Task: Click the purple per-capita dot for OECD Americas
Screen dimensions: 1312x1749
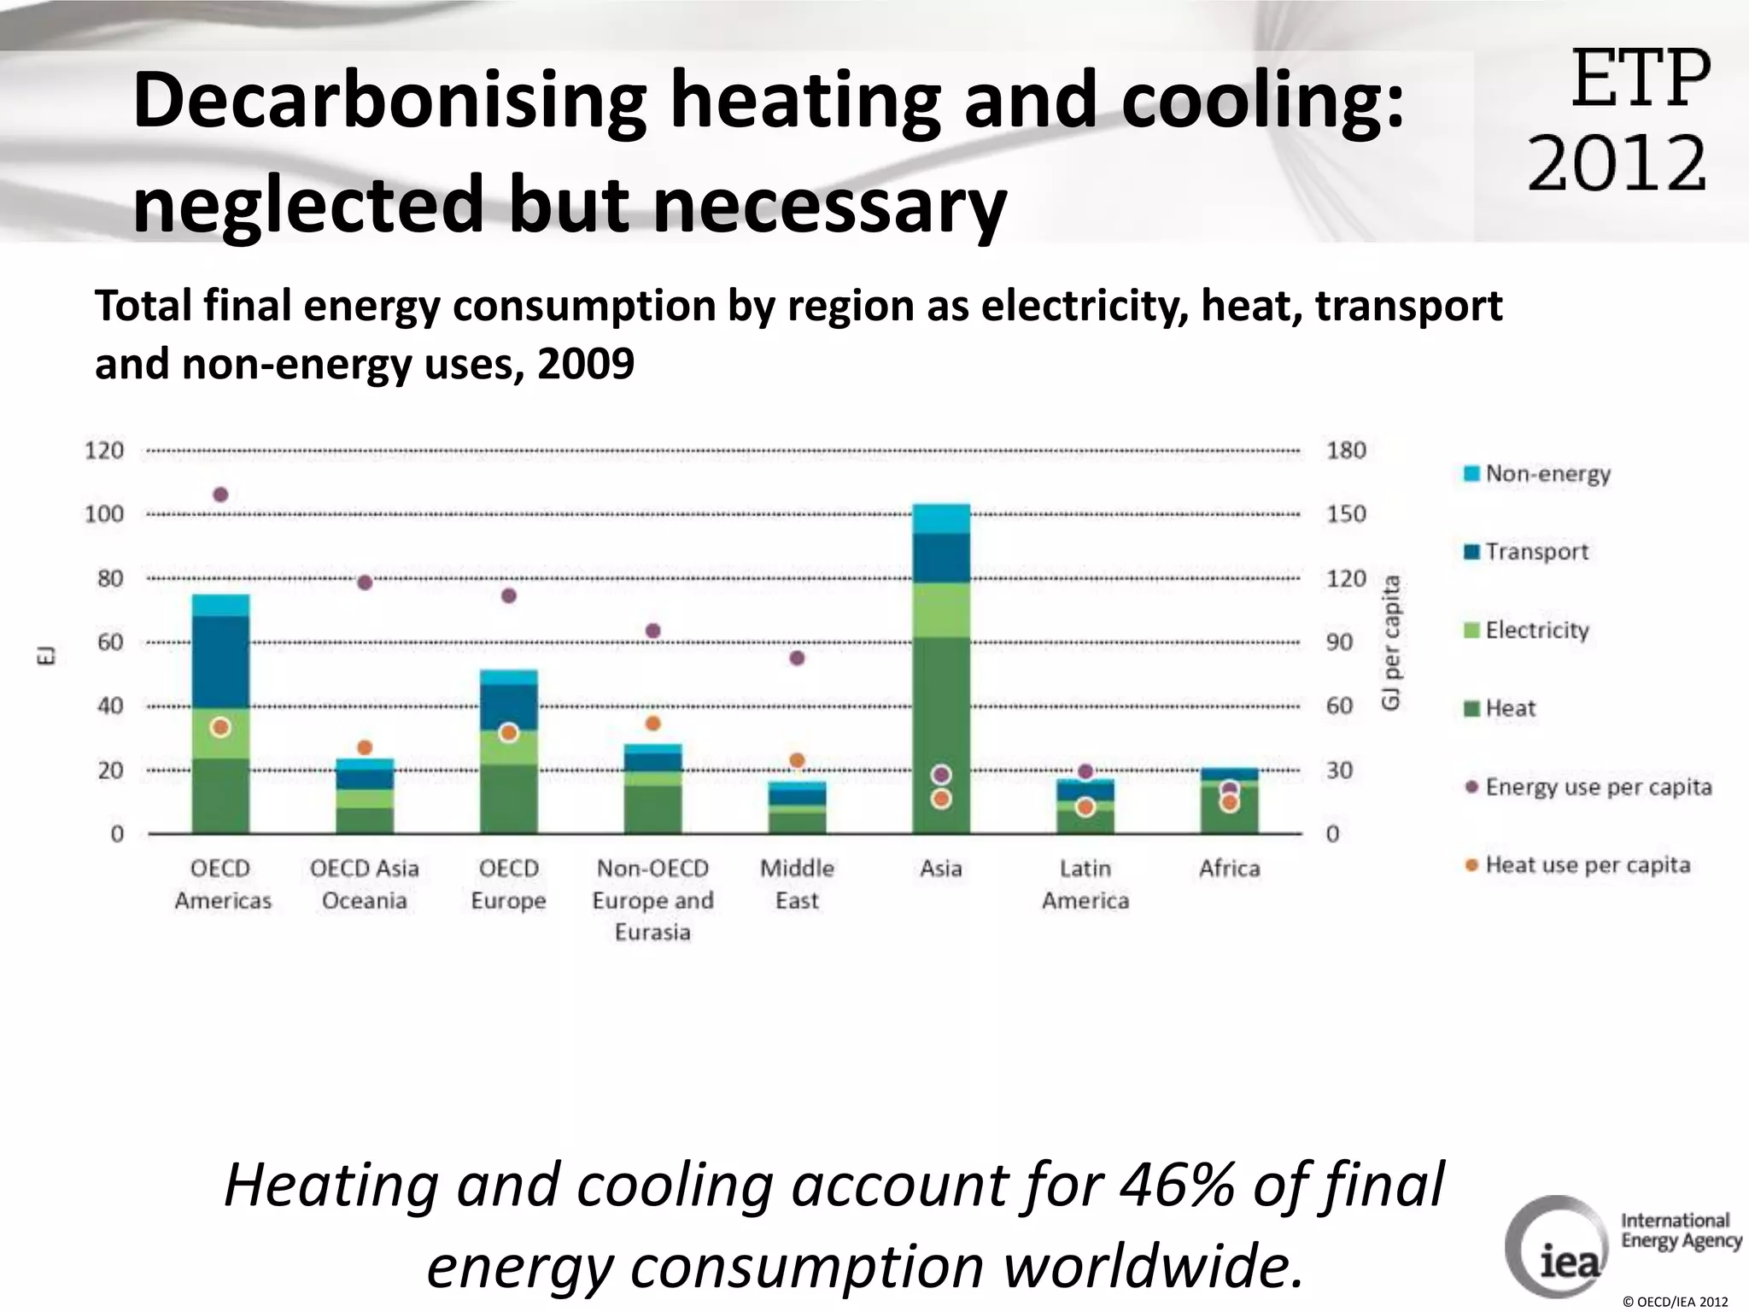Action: [x=220, y=495]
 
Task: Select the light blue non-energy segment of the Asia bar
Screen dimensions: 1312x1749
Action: [x=941, y=518]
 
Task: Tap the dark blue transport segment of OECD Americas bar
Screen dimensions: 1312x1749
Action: [x=220, y=662]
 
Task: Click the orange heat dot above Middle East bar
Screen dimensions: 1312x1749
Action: [x=797, y=760]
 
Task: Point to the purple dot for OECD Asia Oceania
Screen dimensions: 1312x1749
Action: [x=365, y=583]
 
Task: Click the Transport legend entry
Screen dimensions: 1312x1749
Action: [x=1535, y=552]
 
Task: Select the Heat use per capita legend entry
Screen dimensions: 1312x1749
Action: [x=1587, y=865]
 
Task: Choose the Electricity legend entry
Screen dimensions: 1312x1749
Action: [x=1535, y=630]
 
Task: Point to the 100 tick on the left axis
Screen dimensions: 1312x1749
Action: [x=104, y=514]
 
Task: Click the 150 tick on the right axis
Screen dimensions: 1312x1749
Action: [x=1346, y=514]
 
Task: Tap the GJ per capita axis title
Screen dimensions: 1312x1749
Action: [x=1391, y=642]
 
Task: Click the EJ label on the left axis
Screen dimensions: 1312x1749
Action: [x=49, y=655]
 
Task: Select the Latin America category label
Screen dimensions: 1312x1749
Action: [x=1085, y=884]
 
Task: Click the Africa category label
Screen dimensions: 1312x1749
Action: [x=1229, y=869]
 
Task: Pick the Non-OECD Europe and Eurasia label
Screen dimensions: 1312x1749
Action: [x=652, y=899]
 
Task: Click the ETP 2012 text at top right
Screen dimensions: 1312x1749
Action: [x=1619, y=120]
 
